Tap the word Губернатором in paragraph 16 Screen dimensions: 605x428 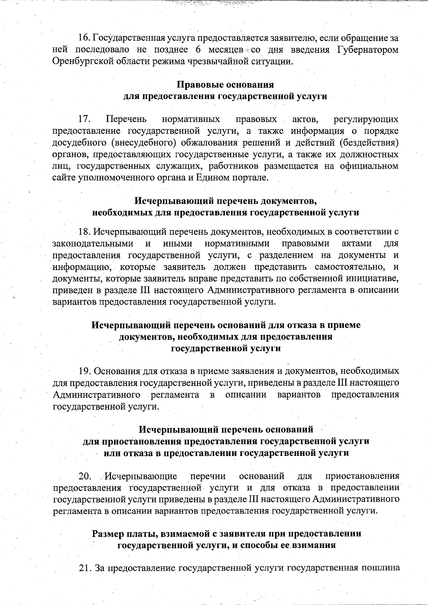367,50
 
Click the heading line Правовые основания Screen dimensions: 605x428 225,85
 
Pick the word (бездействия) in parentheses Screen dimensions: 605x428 368,143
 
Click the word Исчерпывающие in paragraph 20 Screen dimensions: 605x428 141,477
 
